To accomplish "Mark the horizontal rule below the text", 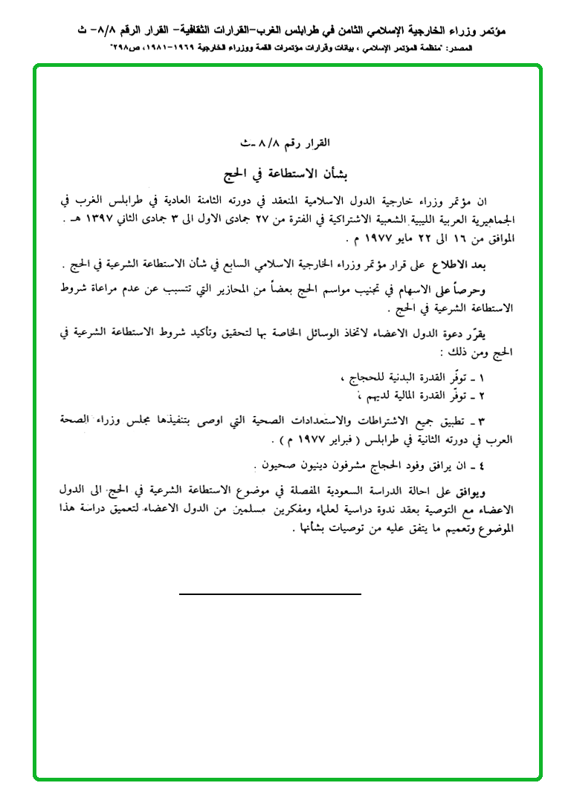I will point(270,594).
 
